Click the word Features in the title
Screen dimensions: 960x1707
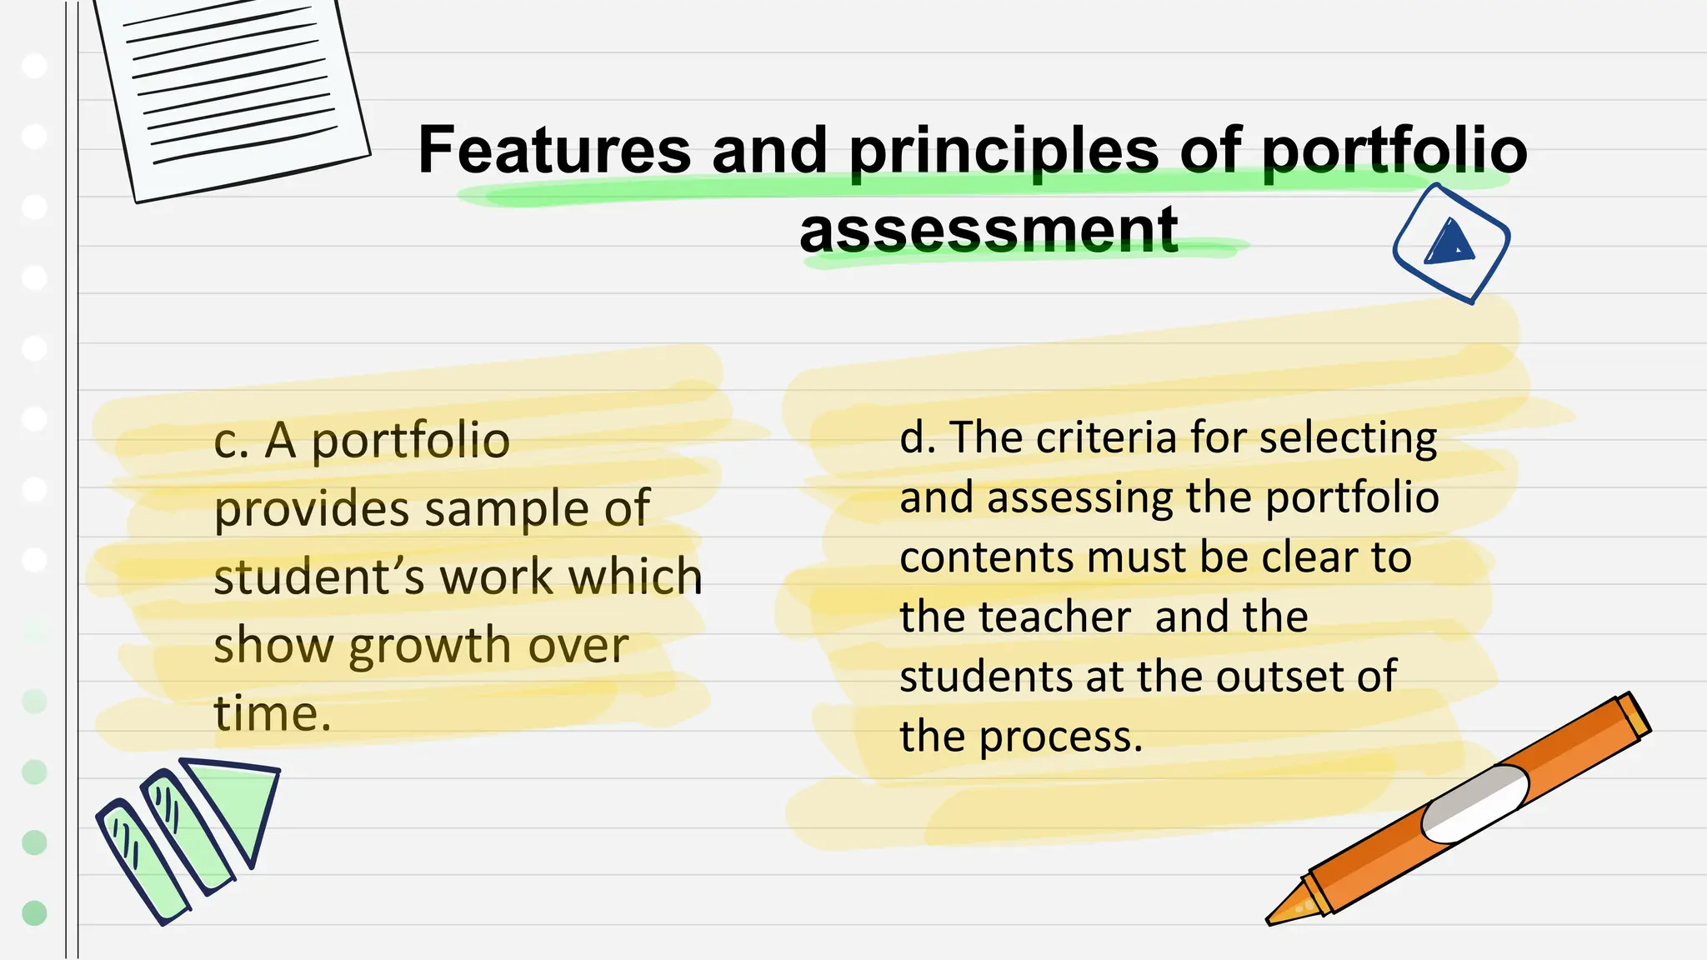[554, 150]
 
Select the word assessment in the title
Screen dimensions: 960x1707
[989, 231]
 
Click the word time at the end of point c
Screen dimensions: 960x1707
[272, 714]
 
